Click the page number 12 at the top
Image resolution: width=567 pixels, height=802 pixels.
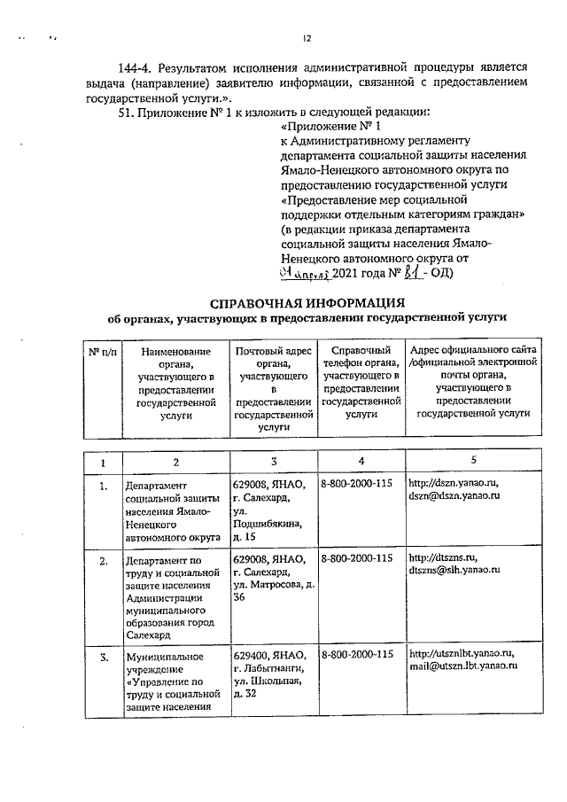coord(307,38)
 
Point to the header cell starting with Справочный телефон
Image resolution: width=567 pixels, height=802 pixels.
coord(360,382)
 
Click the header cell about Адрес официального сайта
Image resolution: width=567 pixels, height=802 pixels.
coord(473,382)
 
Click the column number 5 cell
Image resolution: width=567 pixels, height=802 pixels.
coord(473,461)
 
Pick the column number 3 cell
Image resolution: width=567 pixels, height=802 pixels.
coord(273,461)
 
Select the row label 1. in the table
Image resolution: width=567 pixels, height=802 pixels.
coord(104,486)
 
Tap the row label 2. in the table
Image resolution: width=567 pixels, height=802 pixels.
coord(104,561)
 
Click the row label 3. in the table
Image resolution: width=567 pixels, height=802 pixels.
coord(104,657)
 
